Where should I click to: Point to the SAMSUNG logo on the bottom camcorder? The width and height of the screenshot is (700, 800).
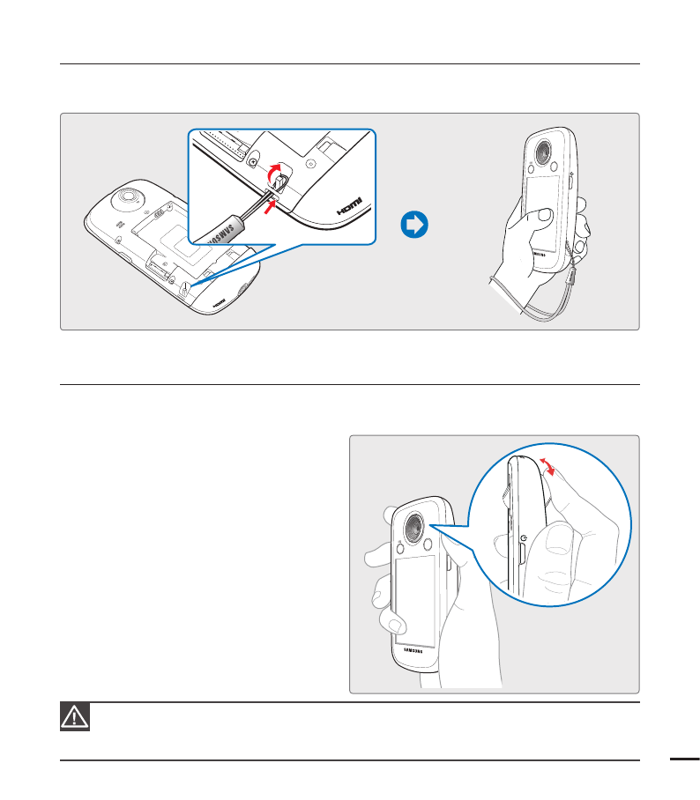click(419, 652)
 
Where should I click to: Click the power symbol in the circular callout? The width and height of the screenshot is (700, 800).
click(523, 537)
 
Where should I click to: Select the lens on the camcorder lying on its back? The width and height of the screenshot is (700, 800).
click(127, 196)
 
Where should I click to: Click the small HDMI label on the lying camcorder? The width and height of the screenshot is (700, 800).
click(218, 299)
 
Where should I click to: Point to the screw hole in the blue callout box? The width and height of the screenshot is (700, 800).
click(253, 162)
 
